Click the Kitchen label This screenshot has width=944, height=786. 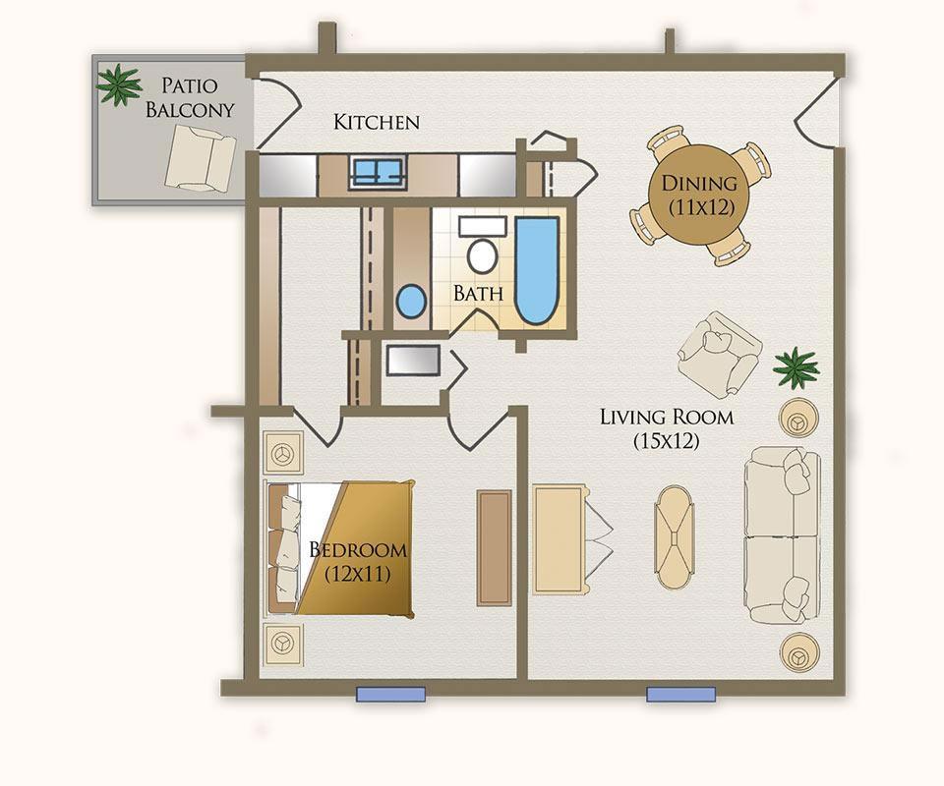377,122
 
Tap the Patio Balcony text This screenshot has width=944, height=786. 190,97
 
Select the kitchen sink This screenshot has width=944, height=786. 378,173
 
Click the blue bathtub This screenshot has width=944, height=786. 537,270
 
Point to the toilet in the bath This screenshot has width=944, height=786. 482,245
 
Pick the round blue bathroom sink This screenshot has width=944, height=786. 412,302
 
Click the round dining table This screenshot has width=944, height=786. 698,195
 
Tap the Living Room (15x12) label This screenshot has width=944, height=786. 667,428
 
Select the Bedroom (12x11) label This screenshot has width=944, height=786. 358,561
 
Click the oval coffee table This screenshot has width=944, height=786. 675,537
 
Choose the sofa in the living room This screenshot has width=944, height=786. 783,535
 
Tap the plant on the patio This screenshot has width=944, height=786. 119,84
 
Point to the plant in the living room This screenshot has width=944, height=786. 796,366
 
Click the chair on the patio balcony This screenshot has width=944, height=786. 200,158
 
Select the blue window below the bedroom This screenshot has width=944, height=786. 390,694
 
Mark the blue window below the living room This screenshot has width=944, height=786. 680,694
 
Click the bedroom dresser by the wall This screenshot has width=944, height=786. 495,548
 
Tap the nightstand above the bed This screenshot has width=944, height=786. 282,453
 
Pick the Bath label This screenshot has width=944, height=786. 478,294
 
